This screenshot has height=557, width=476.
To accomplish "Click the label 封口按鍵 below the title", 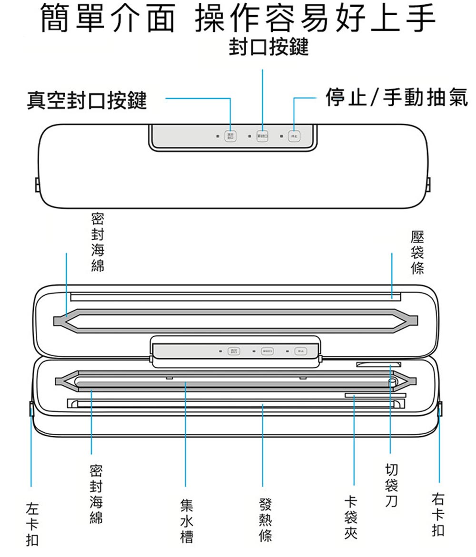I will (268, 48).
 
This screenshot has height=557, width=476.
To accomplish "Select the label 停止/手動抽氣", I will (396, 98).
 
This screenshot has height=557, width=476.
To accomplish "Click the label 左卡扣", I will (32, 526).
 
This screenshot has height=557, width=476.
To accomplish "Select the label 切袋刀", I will (392, 485).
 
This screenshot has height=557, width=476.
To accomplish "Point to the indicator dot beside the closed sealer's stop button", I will (282, 137).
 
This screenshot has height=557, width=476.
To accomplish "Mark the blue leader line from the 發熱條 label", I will (263, 447).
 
